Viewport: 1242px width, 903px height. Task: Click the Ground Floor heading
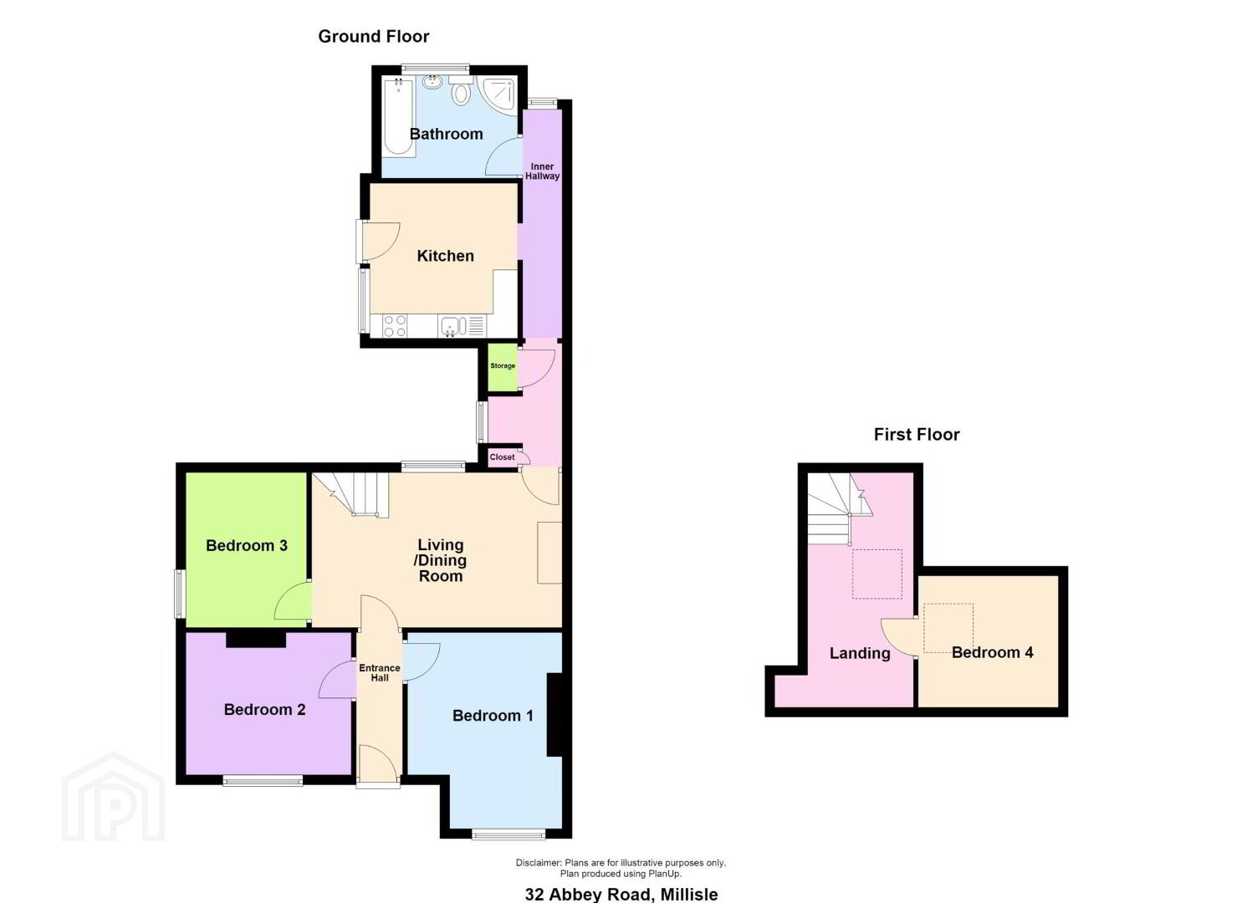pyautogui.click(x=373, y=37)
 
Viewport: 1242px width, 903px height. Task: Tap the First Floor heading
pyautogui.click(x=917, y=434)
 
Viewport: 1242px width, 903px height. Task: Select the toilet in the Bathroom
pyautogui.click(x=460, y=89)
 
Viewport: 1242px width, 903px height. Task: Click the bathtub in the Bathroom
pyautogui.click(x=398, y=117)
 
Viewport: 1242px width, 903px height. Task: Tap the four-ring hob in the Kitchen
pyautogui.click(x=394, y=326)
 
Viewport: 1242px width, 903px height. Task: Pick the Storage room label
pyautogui.click(x=503, y=366)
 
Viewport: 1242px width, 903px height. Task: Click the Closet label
pyautogui.click(x=503, y=457)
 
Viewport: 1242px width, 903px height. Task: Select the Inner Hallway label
pyautogui.click(x=542, y=171)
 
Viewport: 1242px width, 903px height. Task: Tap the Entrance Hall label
pyautogui.click(x=379, y=672)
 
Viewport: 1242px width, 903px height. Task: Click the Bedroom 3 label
pyautogui.click(x=247, y=545)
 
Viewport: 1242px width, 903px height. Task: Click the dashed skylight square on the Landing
pyautogui.click(x=877, y=574)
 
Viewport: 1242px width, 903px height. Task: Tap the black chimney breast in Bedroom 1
pyautogui.click(x=555, y=715)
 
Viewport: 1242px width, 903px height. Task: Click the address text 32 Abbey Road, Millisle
pyautogui.click(x=621, y=894)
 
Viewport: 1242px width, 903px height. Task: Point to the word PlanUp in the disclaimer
pyautogui.click(x=664, y=875)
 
